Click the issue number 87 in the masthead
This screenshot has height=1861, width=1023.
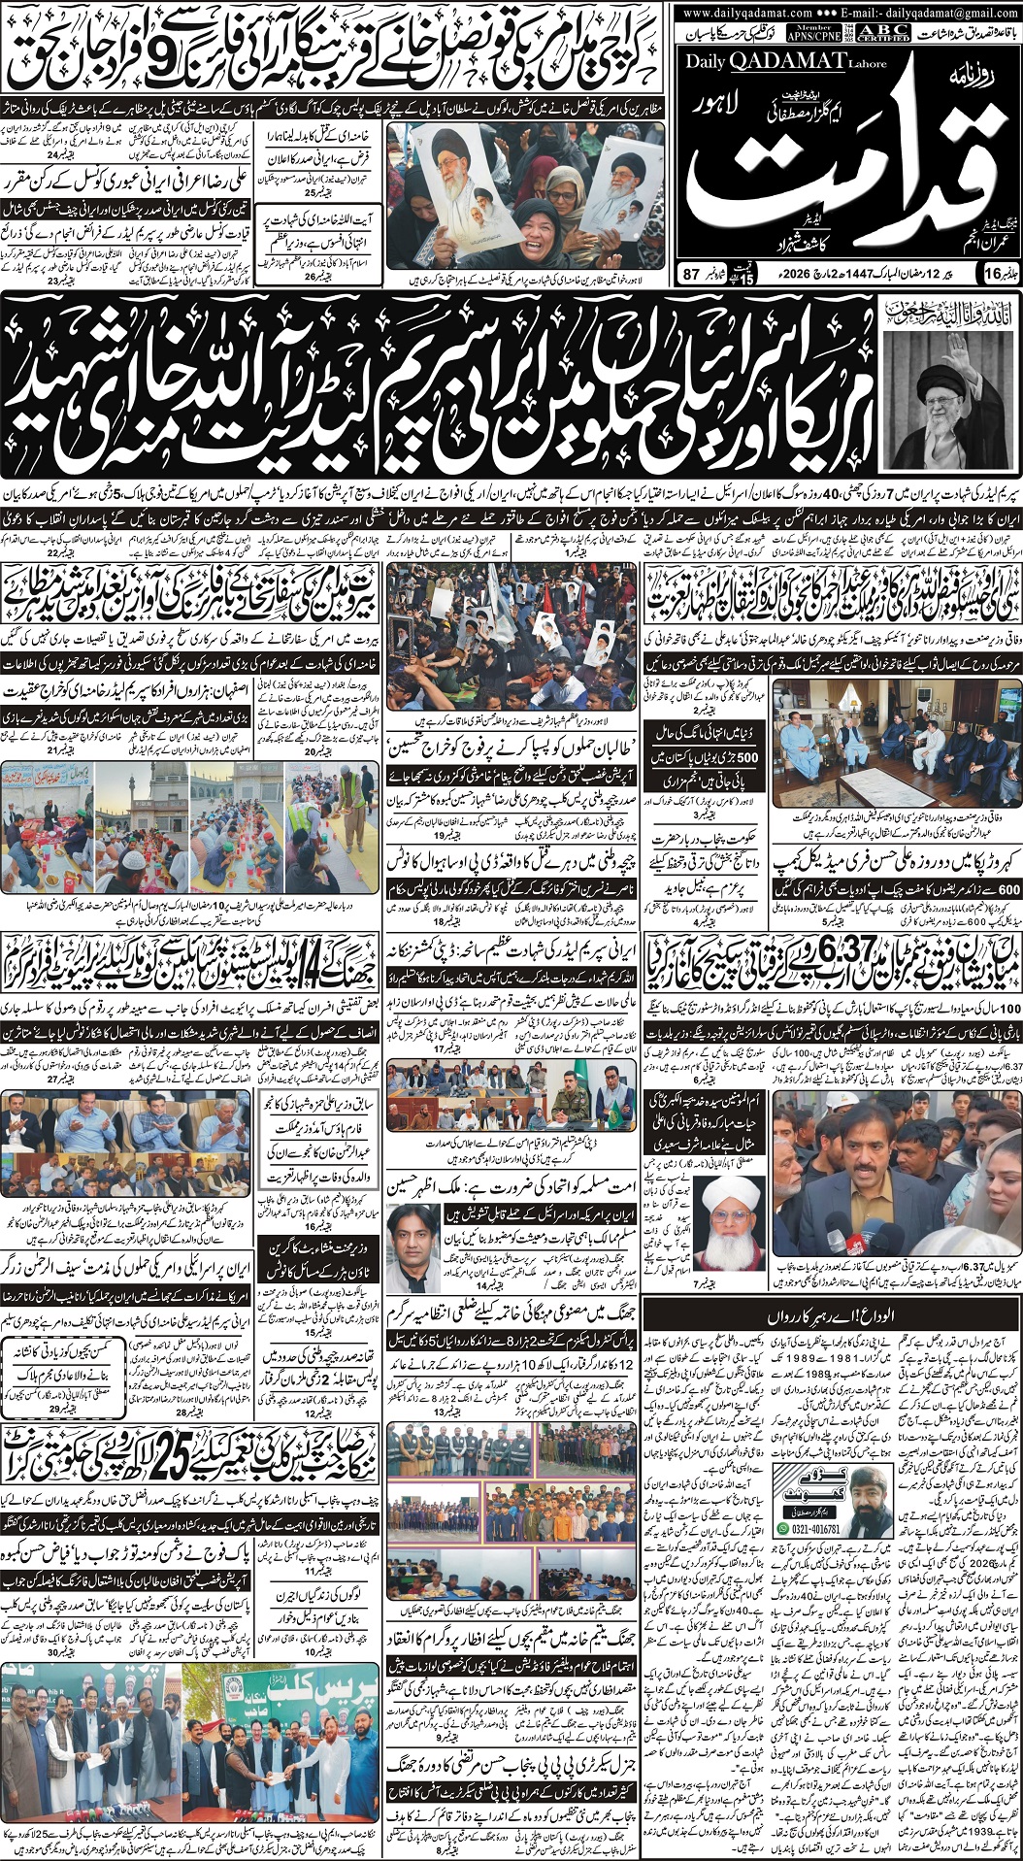(x=691, y=275)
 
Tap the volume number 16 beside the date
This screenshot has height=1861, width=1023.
(x=991, y=275)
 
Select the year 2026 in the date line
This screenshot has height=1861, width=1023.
(x=800, y=275)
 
